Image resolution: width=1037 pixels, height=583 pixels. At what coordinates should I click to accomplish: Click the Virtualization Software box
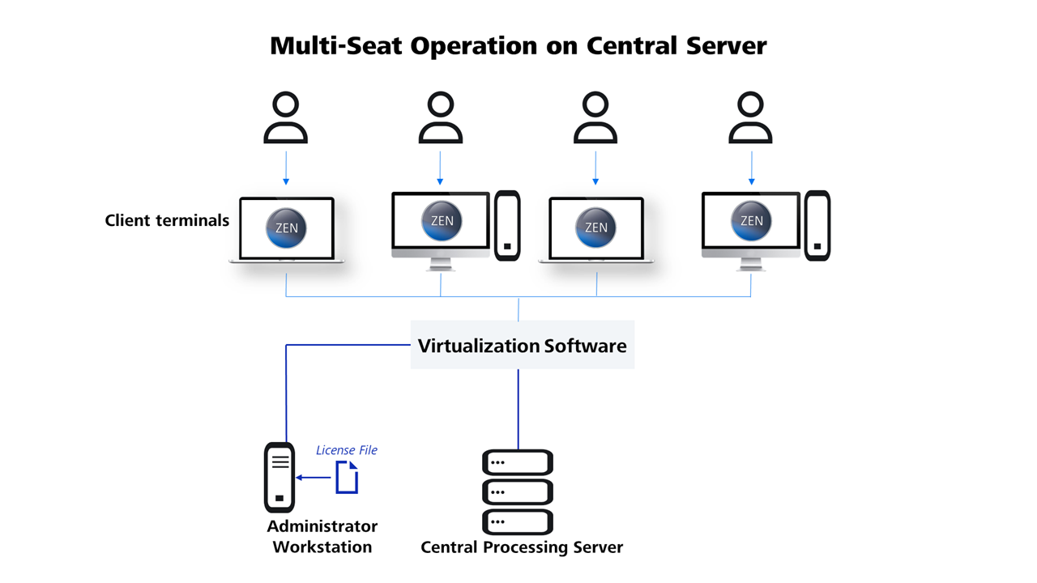click(x=522, y=346)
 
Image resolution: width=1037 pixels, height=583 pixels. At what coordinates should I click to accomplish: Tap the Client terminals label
click(x=167, y=220)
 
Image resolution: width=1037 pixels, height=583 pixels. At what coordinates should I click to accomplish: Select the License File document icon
click(x=347, y=477)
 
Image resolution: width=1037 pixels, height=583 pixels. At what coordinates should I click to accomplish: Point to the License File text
click(x=346, y=450)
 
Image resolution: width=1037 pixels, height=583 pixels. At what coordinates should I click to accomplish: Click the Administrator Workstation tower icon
click(x=280, y=478)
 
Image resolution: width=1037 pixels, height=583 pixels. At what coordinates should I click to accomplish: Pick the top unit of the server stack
click(x=518, y=462)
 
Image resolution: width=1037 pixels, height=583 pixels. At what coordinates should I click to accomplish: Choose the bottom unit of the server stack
click(x=518, y=521)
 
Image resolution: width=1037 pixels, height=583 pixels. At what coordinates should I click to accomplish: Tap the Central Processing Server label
click(x=522, y=547)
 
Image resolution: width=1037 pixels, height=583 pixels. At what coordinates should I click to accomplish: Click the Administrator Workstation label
click(x=322, y=536)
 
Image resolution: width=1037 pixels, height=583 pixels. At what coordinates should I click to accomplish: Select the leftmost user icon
click(x=286, y=118)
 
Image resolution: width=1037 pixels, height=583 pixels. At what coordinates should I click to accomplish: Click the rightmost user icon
click(x=750, y=118)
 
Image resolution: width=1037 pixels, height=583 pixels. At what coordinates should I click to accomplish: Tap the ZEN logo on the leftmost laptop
click(x=286, y=228)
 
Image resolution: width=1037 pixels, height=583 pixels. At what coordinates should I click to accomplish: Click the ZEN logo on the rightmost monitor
click(x=751, y=220)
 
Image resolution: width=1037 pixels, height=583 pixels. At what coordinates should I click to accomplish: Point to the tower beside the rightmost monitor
click(x=817, y=226)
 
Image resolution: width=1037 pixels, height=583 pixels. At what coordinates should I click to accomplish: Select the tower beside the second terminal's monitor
click(x=507, y=226)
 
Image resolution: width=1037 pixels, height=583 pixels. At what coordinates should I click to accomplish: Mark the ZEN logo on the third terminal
click(x=595, y=228)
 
